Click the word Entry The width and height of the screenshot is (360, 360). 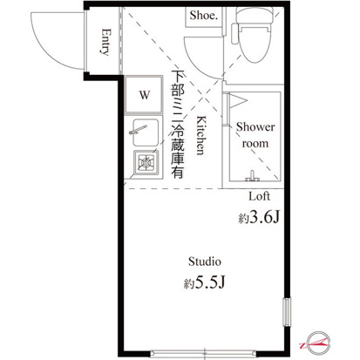pos(105,43)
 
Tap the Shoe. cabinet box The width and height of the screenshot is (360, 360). pos(204,16)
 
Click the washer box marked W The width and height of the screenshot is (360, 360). pos(142,92)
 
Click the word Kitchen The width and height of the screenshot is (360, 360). pos(200,134)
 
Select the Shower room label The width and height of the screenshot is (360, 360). pos(255,134)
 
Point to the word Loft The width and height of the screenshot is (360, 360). pos(260,196)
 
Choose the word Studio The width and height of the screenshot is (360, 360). pos(206,262)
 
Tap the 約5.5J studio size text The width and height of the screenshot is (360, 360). pos(207,283)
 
